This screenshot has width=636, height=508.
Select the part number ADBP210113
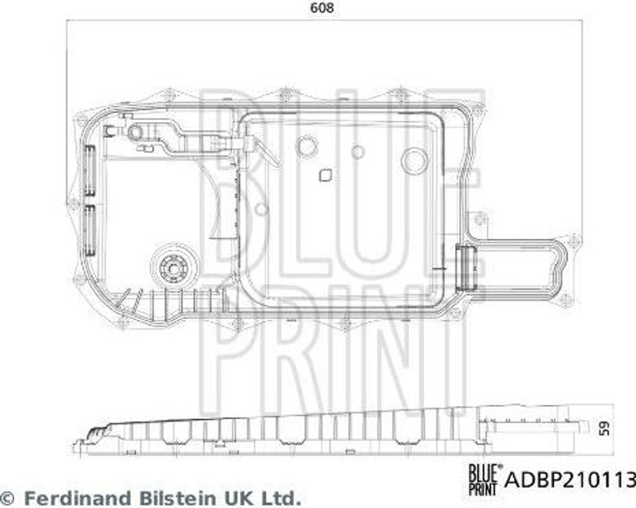pos(571,480)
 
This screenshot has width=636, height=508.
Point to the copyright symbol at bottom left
pos(8,498)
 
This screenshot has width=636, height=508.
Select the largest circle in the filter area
pos(414,161)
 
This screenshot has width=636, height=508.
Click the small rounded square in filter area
pos(325,175)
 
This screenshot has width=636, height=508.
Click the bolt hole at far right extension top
pos(573,239)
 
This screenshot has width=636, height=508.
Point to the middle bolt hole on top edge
pos(285,94)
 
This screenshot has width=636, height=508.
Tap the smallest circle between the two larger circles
pos(357,150)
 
